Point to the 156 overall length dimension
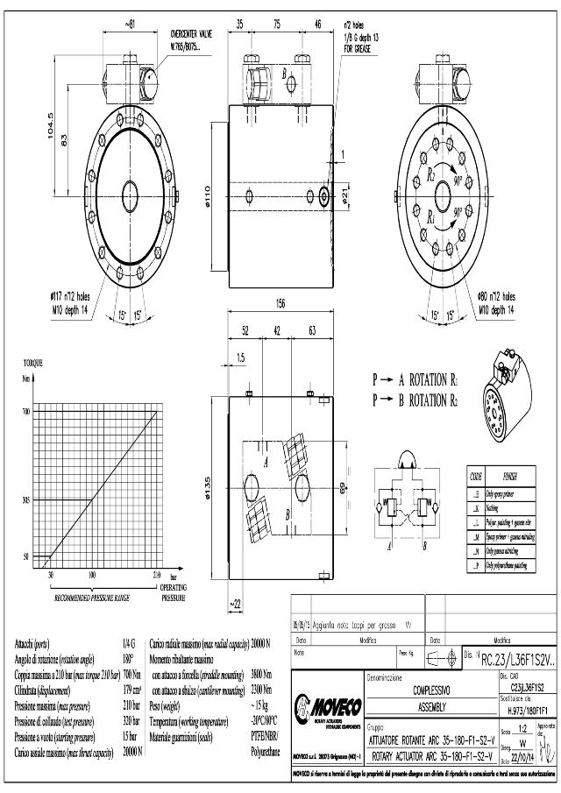[280, 304]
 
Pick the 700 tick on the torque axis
[26, 411]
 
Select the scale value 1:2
[522, 728]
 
